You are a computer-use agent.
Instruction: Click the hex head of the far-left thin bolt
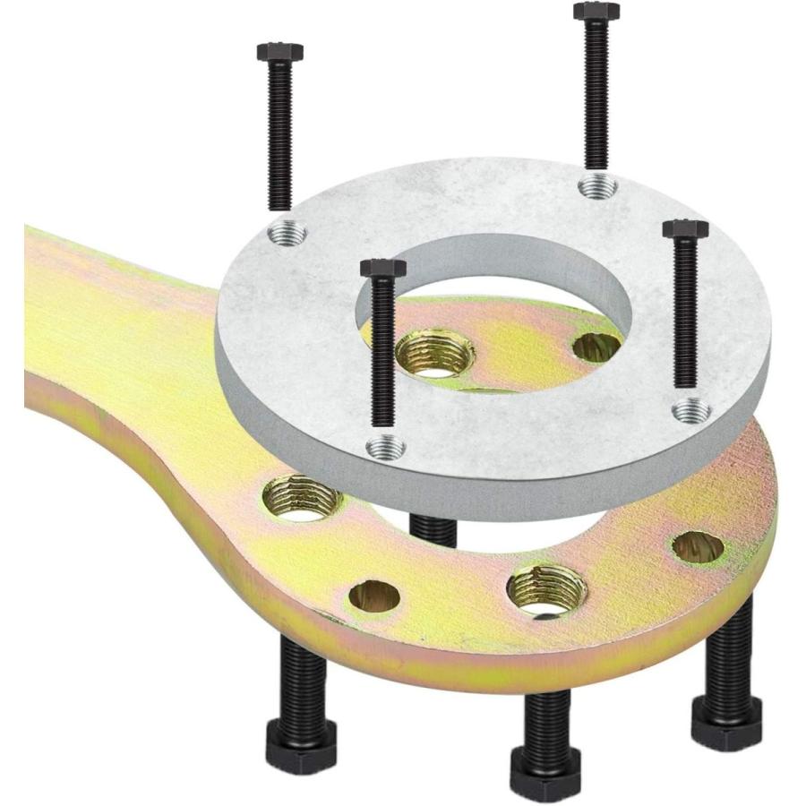(x=279, y=52)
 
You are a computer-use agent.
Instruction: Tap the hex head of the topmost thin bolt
(x=596, y=12)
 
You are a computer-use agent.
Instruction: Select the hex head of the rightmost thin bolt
(x=685, y=229)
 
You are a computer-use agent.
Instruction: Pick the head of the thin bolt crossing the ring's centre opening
(x=382, y=268)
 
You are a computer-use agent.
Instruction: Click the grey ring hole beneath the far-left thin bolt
(x=287, y=234)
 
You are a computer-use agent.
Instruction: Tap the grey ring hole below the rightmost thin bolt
(x=691, y=411)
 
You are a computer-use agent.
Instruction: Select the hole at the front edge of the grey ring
(x=386, y=445)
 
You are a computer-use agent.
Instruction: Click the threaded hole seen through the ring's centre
(x=435, y=353)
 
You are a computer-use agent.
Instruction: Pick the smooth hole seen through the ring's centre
(x=596, y=347)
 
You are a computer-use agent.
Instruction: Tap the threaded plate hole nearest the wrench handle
(x=301, y=498)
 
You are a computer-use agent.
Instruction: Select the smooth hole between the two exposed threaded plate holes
(x=373, y=596)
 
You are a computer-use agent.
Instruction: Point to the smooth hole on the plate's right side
(x=698, y=546)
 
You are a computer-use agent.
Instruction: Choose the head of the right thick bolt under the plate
(x=726, y=716)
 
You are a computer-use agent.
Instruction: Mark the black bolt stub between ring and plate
(x=434, y=528)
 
